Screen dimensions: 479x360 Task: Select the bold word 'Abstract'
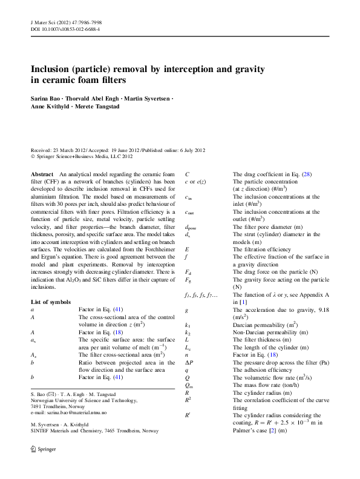pyautogui.click(x=42, y=174)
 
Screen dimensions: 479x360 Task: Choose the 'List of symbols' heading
pyautogui.click(x=50, y=302)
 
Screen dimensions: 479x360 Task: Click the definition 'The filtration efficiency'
pyautogui.click(x=262, y=249)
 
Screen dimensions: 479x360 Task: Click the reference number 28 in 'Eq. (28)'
pyautogui.click(x=306, y=174)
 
